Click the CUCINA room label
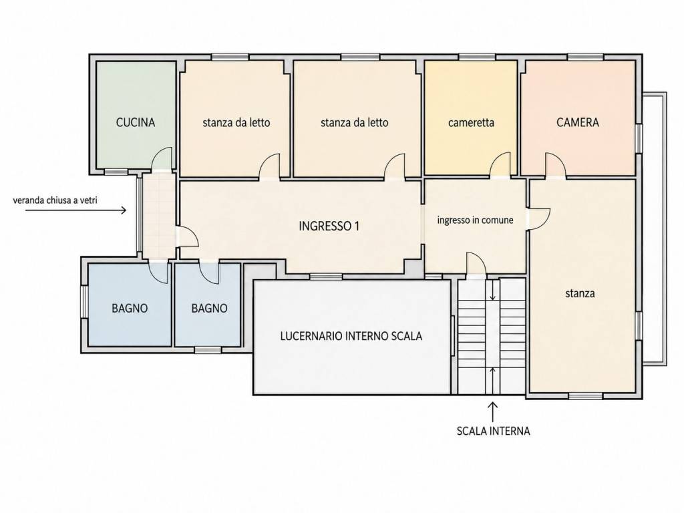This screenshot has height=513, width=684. point(135,123)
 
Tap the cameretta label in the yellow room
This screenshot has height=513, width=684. point(471,123)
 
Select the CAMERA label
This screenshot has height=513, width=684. point(578,122)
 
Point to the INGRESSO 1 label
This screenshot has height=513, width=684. point(329,226)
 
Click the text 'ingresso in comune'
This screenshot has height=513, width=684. point(475,220)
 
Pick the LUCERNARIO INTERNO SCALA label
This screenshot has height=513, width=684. point(351,337)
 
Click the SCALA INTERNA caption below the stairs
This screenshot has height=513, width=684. point(494,431)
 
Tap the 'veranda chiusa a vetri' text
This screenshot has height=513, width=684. point(55,200)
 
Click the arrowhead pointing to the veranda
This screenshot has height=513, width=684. point(124,210)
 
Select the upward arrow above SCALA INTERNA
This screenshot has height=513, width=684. point(493,411)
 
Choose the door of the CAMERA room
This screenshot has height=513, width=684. point(555,166)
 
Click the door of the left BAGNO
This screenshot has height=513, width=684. point(159,272)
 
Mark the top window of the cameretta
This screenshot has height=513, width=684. point(477,57)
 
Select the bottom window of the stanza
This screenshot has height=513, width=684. point(586,396)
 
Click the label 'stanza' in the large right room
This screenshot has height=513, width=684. point(580,294)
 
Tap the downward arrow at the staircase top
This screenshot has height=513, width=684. point(493,291)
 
